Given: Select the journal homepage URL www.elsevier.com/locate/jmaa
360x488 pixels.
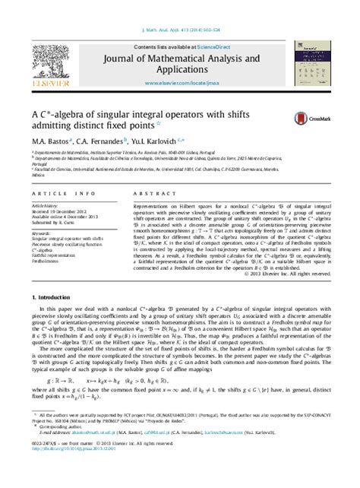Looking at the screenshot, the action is click(x=180, y=80).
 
